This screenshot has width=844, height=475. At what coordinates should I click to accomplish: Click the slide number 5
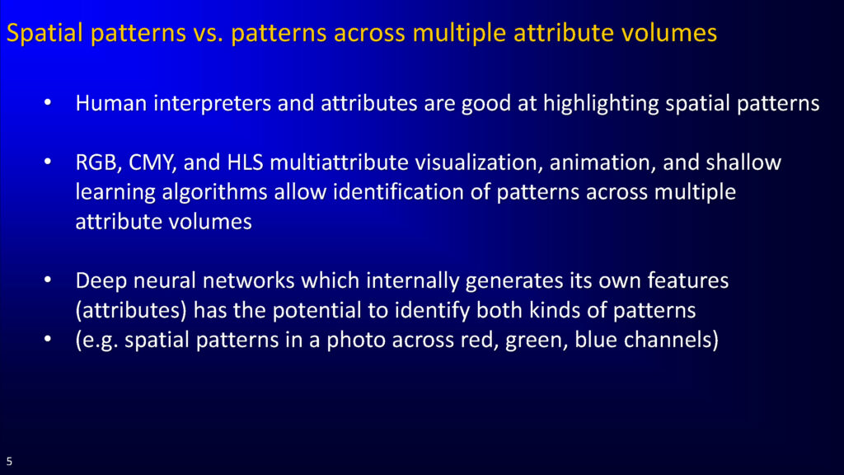pos(9,462)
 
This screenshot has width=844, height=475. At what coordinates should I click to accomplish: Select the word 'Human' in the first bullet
pos(111,103)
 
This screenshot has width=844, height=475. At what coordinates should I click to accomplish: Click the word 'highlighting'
pos(601,103)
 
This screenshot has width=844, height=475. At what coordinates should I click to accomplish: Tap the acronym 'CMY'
pos(152,162)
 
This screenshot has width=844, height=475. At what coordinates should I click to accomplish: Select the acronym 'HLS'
pos(245,162)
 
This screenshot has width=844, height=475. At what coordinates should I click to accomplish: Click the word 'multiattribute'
pos(339,162)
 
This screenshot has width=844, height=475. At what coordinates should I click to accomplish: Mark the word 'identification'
pos(398,191)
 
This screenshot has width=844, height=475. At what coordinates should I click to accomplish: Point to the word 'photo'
pos(354,341)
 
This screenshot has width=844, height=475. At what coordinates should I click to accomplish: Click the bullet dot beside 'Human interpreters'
pos(48,101)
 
